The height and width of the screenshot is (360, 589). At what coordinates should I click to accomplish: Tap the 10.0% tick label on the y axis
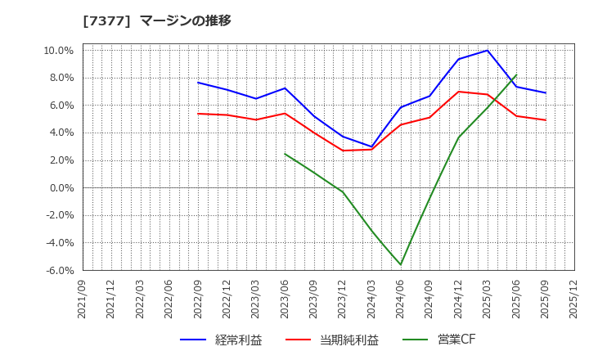[58, 51]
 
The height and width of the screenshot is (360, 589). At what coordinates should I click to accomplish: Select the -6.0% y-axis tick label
[59, 270]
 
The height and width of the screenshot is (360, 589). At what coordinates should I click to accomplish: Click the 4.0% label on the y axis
[61, 133]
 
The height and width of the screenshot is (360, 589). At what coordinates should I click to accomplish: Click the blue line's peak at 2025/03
[488, 51]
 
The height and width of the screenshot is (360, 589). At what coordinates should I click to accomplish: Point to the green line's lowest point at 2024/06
[401, 264]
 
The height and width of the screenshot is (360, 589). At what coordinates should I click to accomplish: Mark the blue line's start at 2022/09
[198, 83]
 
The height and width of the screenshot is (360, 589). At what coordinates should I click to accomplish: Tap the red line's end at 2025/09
[545, 120]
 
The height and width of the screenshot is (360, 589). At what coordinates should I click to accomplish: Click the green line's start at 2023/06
[285, 154]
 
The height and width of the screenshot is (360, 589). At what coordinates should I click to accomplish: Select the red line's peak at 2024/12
[458, 92]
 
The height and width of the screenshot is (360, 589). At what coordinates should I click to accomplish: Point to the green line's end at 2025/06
[516, 75]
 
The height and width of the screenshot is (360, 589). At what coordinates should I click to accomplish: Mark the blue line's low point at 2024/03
[371, 147]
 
